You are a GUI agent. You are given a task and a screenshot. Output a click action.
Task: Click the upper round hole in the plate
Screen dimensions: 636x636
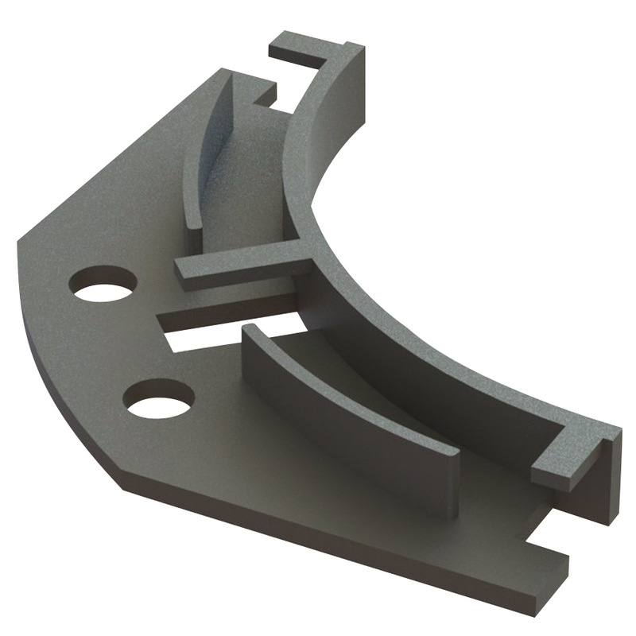click(x=103, y=285)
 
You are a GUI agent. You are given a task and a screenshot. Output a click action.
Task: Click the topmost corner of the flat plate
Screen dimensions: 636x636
click(x=226, y=73)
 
